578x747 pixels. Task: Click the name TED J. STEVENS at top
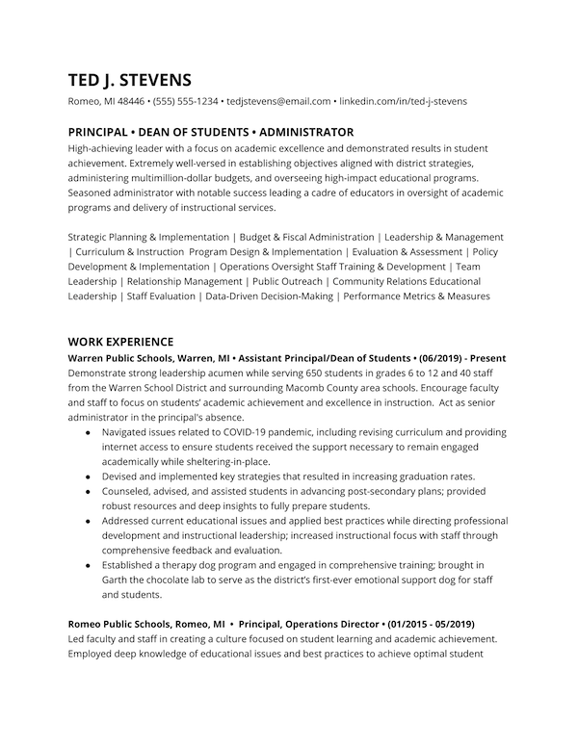(130, 79)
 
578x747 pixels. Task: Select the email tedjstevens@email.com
(278, 101)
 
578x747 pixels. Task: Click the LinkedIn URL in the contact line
(404, 101)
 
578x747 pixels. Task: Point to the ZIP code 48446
(130, 101)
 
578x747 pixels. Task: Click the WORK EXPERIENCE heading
(120, 342)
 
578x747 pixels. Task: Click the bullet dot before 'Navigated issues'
(89, 432)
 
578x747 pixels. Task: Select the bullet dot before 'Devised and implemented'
(89, 477)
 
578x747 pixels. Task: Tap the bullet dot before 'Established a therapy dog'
(89, 565)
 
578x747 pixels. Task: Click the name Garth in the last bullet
(117, 580)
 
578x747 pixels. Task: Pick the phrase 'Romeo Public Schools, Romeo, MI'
(146, 624)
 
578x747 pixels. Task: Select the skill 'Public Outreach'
(286, 281)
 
